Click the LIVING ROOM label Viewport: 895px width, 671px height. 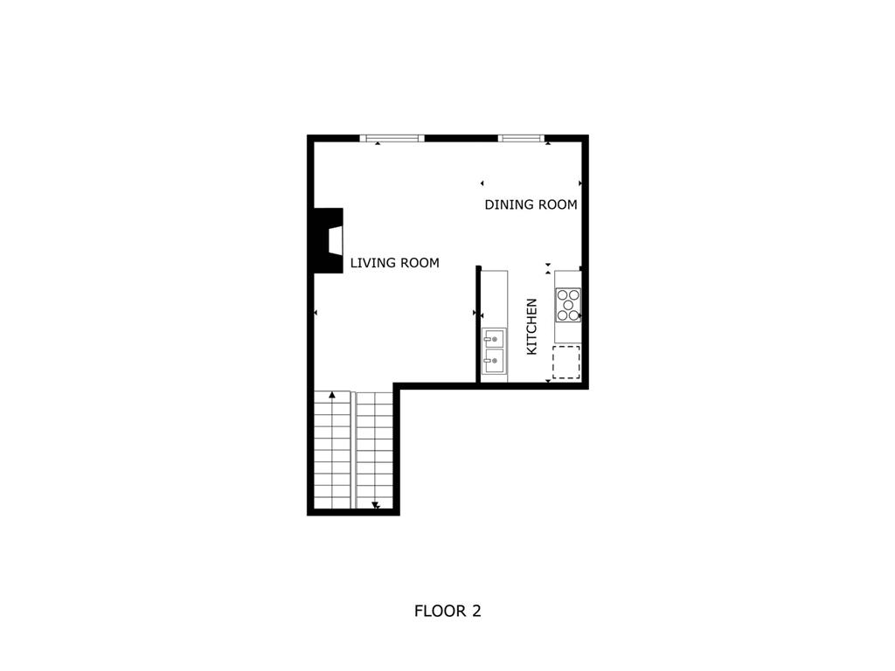[x=394, y=262]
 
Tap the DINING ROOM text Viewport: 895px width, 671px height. [x=531, y=204]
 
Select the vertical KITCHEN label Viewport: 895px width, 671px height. [x=531, y=327]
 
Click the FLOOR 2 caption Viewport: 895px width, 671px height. [x=447, y=611]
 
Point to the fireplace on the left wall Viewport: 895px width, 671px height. [x=329, y=240]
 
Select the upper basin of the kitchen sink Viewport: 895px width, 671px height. [x=495, y=337]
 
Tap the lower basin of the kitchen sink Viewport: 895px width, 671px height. [x=495, y=360]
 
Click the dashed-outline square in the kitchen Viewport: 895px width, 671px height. [x=566, y=362]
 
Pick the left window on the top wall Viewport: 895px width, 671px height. [x=392, y=137]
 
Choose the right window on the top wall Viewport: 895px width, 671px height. [x=521, y=137]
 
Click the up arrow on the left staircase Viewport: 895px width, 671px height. [x=332, y=396]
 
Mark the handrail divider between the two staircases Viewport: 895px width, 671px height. [x=353, y=449]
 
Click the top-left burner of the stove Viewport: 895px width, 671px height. [x=562, y=295]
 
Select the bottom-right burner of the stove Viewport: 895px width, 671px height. [x=574, y=315]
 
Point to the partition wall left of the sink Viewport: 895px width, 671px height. [x=478, y=323]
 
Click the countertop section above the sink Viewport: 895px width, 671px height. [x=495, y=297]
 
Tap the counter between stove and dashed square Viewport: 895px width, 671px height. [x=567, y=334]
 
